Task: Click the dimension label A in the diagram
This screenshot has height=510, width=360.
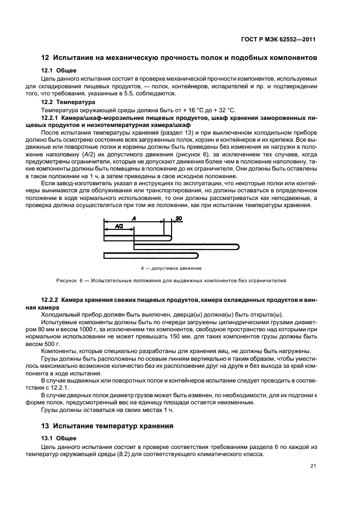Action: pos(133,217)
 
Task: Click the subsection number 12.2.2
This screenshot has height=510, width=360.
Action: pos(52,300)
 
